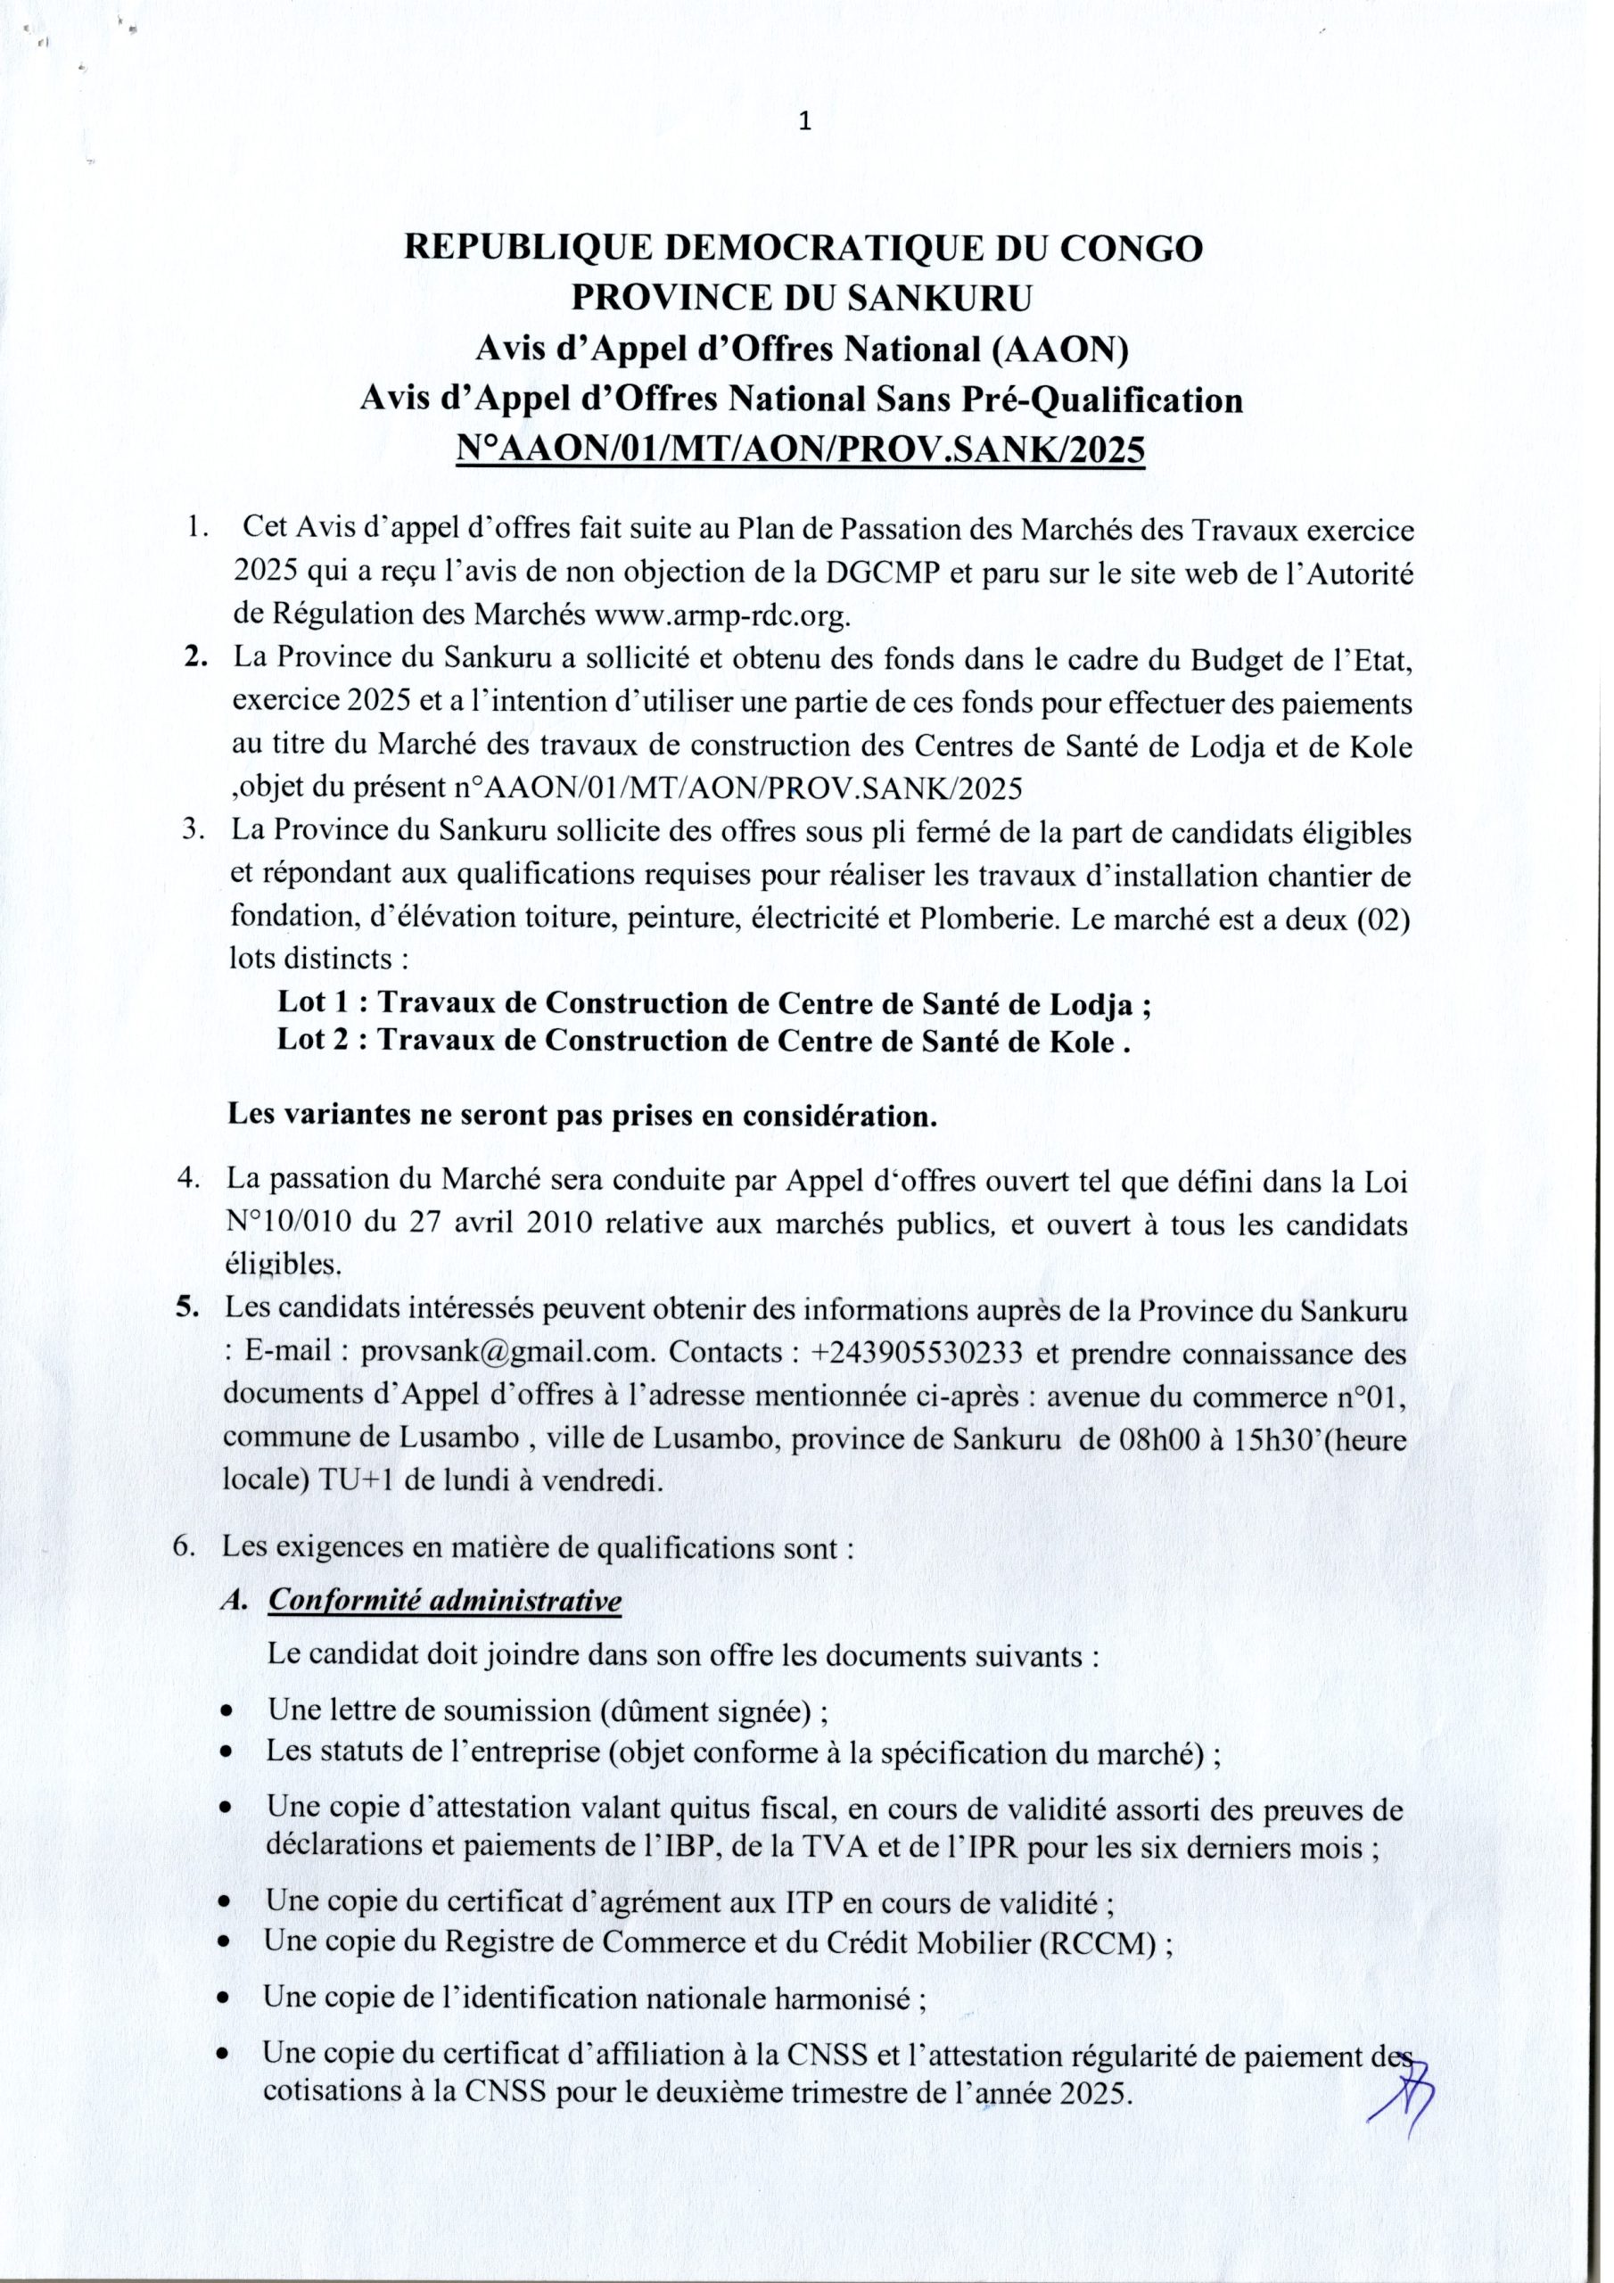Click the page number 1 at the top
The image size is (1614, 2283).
tap(805, 122)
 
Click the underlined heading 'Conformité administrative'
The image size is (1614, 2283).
tap(445, 1600)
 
